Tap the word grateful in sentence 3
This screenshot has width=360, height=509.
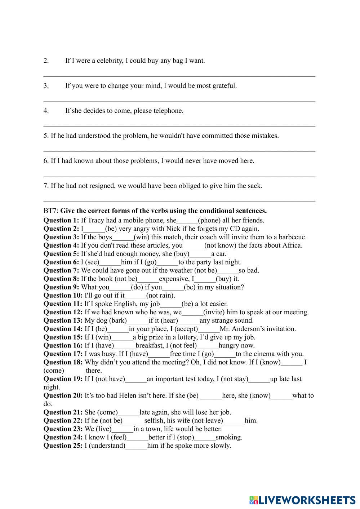click(223, 86)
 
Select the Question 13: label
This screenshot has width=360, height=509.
click(63, 320)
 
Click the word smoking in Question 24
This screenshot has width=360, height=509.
click(229, 437)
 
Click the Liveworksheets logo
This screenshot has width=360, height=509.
click(302, 500)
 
